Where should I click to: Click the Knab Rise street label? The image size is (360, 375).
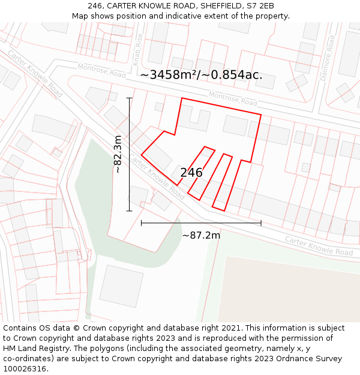point(139,49)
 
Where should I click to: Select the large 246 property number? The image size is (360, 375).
point(191,173)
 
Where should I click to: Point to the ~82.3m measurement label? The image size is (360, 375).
point(118,154)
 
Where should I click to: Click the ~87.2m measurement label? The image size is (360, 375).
point(201,235)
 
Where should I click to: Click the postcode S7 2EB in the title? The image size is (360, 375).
point(259,6)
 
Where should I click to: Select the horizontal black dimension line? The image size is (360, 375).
point(201,223)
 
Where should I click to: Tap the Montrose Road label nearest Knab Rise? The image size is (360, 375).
point(102,71)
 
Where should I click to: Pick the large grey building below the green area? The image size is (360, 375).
point(122,286)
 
